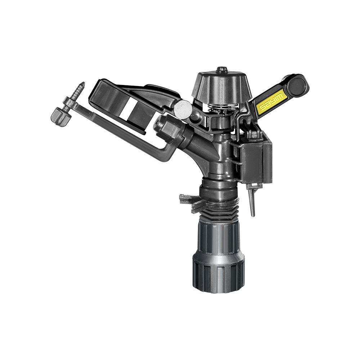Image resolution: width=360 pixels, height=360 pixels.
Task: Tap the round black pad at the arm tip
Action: pos(298,85)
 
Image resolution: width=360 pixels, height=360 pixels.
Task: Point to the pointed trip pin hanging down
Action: pos(253,202)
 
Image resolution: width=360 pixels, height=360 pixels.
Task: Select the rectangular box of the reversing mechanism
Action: pos(256,158)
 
